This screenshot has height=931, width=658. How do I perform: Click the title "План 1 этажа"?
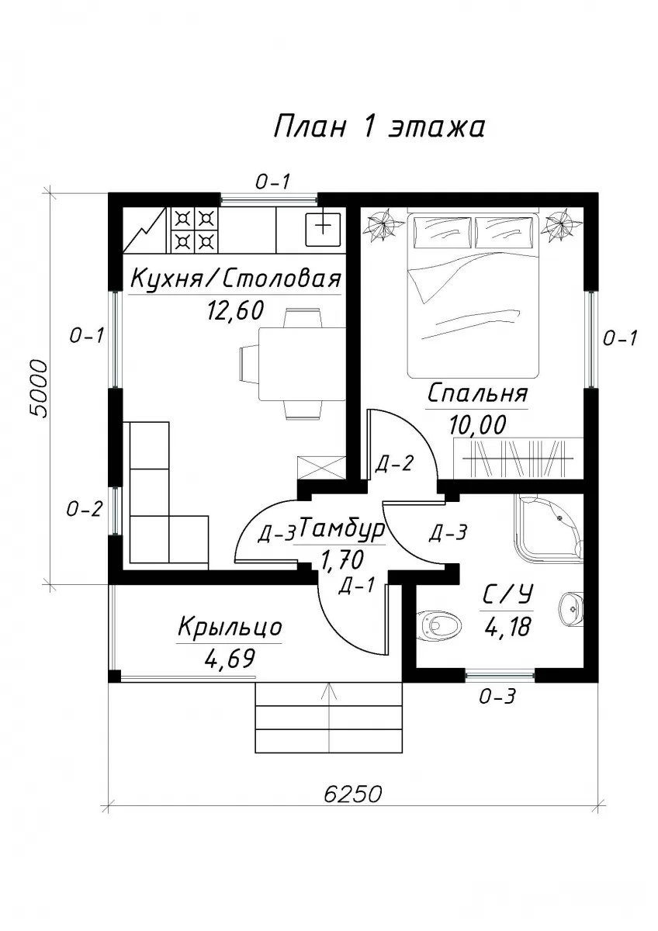point(379,126)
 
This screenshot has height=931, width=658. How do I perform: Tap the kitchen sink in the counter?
point(323,230)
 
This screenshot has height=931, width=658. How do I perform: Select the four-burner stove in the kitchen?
point(192,230)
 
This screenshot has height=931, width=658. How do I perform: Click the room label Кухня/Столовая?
point(236,279)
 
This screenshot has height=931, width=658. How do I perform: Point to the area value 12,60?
point(235,310)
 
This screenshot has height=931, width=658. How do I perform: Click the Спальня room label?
point(477,393)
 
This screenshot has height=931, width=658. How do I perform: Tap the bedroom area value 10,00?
point(477,425)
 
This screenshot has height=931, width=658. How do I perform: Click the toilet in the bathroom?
point(439,625)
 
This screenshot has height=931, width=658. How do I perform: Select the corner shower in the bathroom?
point(549,528)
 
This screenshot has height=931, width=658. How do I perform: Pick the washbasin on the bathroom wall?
point(572,609)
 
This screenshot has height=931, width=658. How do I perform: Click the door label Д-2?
point(393,463)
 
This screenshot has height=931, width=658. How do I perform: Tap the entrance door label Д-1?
point(357,586)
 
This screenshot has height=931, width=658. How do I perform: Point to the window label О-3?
point(497,696)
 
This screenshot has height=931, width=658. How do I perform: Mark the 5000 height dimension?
point(40,389)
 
